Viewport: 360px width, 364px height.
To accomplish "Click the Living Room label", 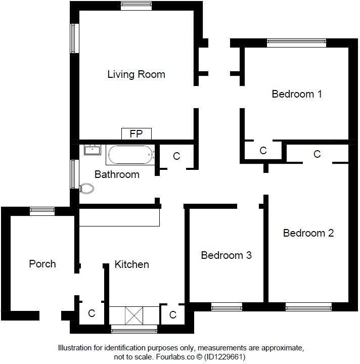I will click(136, 74).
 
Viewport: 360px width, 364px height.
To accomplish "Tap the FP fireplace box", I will click(136, 134).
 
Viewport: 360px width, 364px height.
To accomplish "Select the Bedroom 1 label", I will click(296, 94).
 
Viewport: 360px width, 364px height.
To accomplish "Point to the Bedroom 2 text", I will click(308, 233).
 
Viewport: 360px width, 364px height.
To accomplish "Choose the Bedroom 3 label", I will click(226, 255).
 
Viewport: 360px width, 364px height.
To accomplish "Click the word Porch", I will click(42, 264).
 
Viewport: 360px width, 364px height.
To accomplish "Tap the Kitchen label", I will click(131, 264).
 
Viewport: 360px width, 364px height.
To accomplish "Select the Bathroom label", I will click(117, 174).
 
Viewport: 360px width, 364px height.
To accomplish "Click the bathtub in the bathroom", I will click(129, 155).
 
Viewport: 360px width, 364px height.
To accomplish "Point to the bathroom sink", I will click(93, 150).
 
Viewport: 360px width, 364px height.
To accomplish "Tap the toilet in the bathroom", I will click(86, 189).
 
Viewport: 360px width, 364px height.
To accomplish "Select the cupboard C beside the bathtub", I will click(176, 156).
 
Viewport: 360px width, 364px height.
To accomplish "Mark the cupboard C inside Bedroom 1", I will click(263, 151).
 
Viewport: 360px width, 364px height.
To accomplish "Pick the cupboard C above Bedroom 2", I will click(317, 154).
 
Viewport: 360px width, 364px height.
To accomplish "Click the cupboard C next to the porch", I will click(92, 313).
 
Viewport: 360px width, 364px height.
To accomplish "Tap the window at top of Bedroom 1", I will click(296, 43).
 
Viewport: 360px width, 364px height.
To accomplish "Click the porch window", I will click(42, 211).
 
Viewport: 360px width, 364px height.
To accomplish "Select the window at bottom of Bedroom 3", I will click(226, 307).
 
